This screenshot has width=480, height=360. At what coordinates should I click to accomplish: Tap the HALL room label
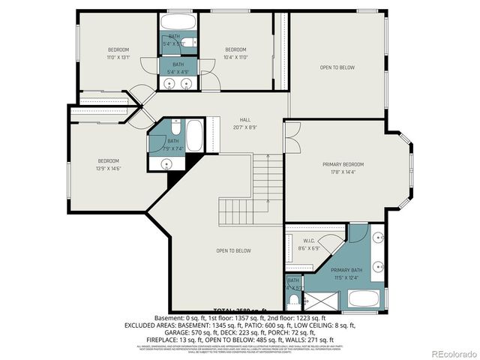point(245,120)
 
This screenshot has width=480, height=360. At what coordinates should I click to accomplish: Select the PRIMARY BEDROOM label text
point(343,164)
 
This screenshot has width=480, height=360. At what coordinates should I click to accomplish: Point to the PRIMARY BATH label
point(346,271)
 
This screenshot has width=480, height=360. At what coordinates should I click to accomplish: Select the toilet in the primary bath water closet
point(292,302)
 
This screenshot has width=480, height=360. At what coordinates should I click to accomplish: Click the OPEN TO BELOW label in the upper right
point(337,67)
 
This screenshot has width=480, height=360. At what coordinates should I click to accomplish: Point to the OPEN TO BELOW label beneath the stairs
point(233,250)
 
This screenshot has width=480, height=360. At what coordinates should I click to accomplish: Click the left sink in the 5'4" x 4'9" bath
point(170,82)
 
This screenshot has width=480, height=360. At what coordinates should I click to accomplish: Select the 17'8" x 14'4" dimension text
point(343,172)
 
